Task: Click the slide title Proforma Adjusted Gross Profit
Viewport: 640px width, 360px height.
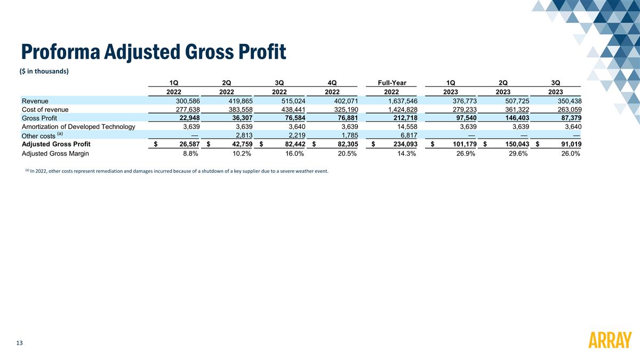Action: click(x=154, y=52)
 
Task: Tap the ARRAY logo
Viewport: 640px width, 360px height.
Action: click(x=610, y=340)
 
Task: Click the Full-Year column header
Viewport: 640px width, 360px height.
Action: click(x=392, y=83)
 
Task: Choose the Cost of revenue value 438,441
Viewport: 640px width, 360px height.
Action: click(x=291, y=109)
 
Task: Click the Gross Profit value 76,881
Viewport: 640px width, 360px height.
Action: click(x=343, y=118)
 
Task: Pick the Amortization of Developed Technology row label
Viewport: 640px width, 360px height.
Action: click(x=78, y=126)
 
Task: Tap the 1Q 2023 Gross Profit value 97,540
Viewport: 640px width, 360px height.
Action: click(x=462, y=118)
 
